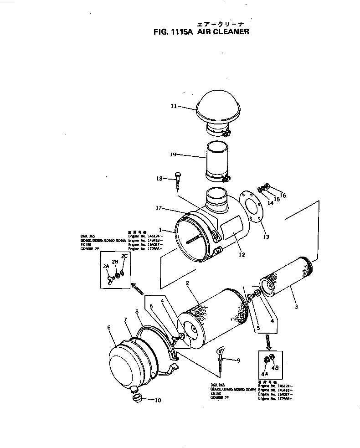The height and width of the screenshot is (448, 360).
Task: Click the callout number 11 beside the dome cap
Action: (x=174, y=106)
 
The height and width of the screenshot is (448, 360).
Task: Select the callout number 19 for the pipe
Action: (x=173, y=154)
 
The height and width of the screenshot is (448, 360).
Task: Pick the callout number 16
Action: (x=283, y=196)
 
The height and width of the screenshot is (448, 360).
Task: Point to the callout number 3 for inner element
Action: (x=296, y=307)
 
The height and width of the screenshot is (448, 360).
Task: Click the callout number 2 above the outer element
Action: (x=187, y=283)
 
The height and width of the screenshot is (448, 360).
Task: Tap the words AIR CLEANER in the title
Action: (x=223, y=32)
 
